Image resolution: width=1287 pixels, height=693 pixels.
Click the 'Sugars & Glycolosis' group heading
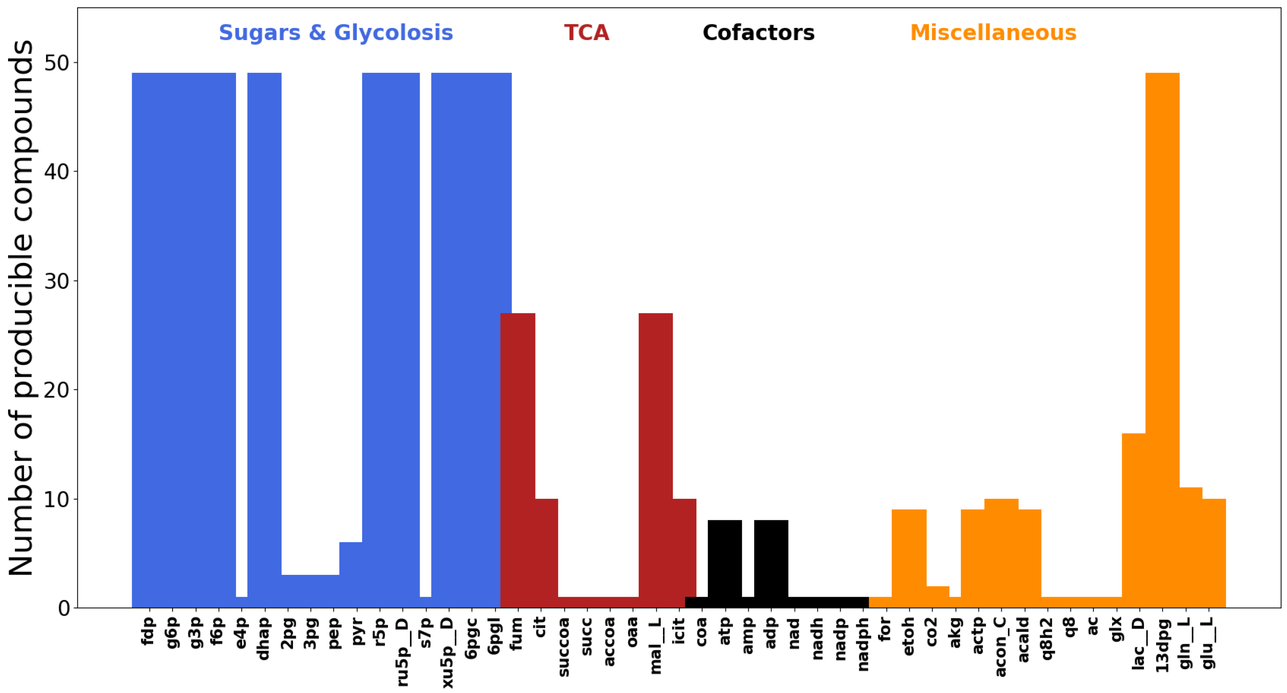(336, 33)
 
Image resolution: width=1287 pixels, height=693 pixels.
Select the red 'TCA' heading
(587, 33)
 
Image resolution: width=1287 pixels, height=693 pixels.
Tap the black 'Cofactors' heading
(758, 33)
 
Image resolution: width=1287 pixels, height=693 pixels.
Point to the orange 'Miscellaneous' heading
(993, 33)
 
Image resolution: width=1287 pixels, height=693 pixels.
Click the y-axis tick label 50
(57, 63)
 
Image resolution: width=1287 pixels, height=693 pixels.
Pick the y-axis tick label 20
(57, 390)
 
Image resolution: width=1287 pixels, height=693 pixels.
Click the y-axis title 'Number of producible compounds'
(21, 307)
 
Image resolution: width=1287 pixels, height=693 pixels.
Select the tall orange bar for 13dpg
(1163, 340)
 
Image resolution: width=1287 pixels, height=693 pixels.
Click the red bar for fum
(518, 460)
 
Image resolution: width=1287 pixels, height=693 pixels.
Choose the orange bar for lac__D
(1134, 520)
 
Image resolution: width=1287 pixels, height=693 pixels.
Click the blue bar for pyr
(351, 575)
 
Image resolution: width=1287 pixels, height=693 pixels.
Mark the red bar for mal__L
(656, 460)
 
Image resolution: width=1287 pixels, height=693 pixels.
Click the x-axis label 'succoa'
(563, 647)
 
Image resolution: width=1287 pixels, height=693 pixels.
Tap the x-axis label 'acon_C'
(1001, 647)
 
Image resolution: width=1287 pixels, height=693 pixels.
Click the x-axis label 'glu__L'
(1208, 643)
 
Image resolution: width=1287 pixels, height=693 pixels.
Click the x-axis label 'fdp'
(148, 631)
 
